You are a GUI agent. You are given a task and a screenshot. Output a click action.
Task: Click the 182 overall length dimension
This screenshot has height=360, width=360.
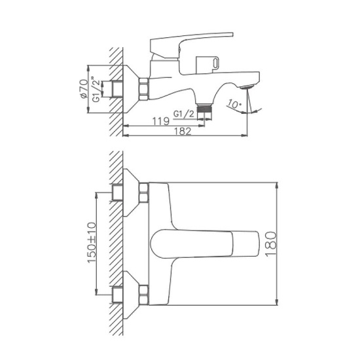184,132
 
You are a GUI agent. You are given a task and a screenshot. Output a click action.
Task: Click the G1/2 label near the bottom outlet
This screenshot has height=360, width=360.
185,115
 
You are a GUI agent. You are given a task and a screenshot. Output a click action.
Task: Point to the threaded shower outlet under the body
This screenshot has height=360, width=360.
207,109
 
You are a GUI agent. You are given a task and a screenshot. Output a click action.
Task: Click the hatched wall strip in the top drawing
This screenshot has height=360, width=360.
116,92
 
